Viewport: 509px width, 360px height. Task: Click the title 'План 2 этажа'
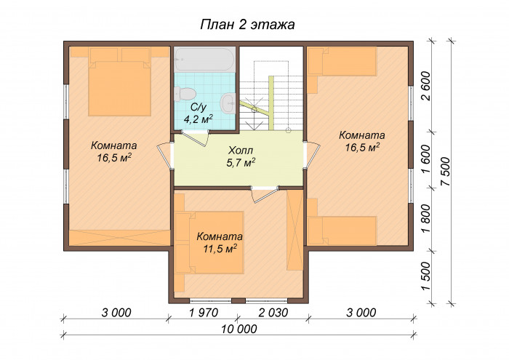247,25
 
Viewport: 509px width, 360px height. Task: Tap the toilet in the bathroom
185,92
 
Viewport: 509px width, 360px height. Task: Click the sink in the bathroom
228,102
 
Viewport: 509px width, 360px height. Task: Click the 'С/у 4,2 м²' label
198,113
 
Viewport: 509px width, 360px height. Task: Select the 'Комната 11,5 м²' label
219,243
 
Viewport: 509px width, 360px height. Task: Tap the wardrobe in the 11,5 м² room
294,230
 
